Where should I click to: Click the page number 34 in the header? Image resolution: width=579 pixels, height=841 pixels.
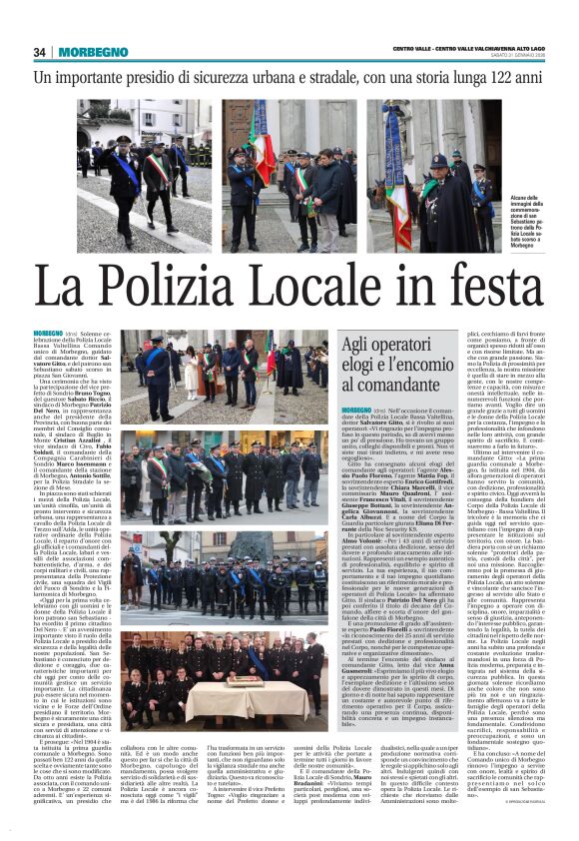40,52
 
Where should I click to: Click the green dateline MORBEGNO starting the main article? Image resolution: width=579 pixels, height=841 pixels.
47,332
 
